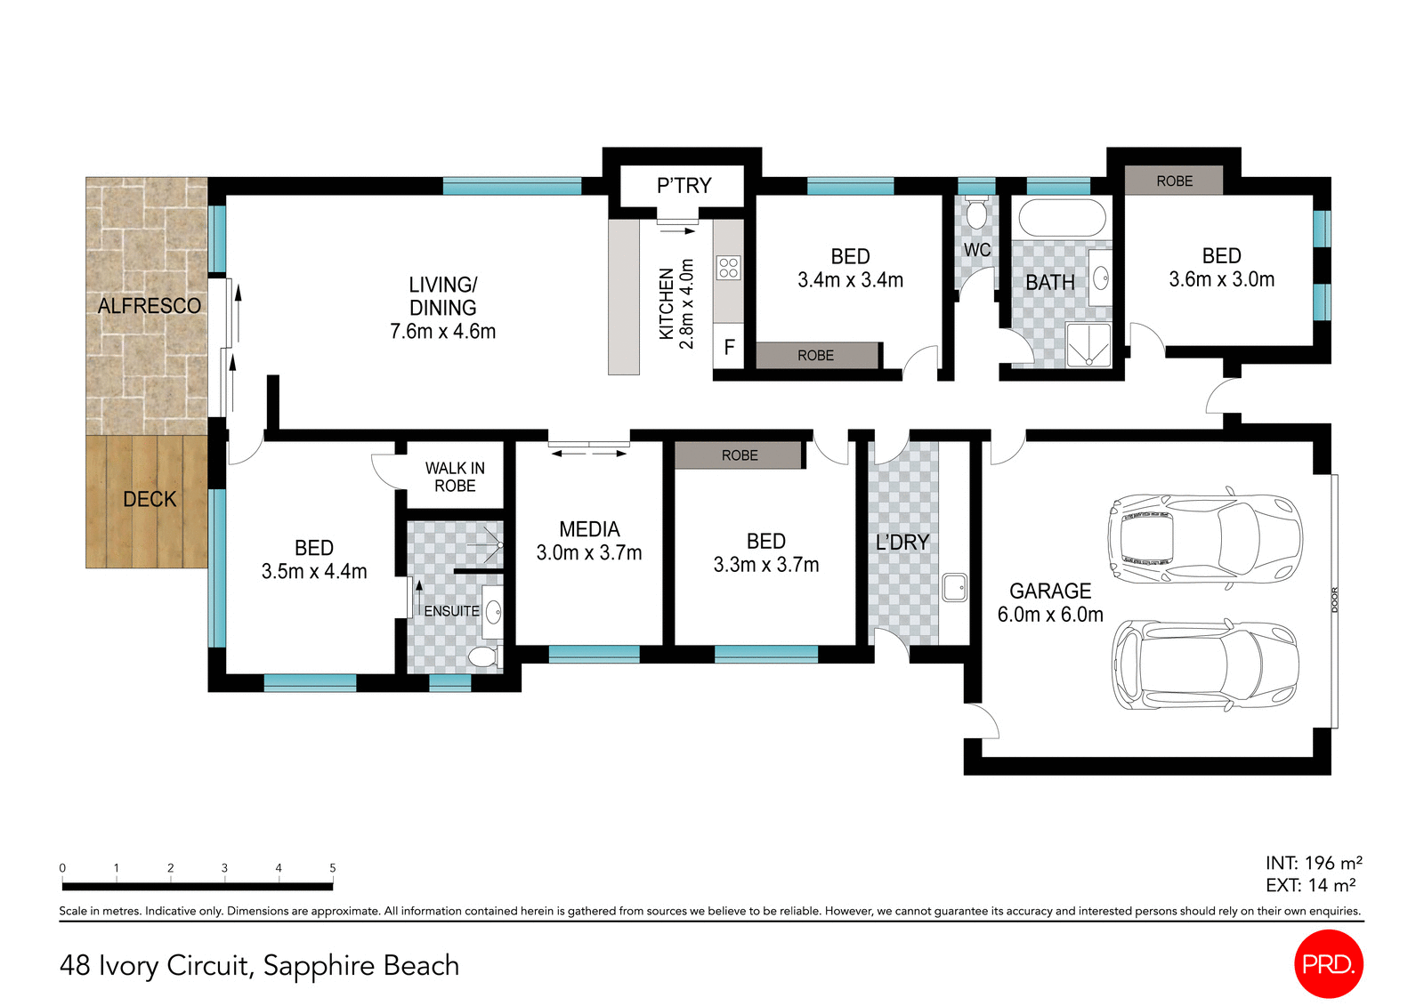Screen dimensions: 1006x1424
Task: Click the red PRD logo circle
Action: pos(1327,963)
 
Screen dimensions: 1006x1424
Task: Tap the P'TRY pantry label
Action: pos(684,185)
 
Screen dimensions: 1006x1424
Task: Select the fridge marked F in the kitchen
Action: pos(728,347)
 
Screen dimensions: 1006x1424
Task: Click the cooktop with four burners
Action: pos(728,267)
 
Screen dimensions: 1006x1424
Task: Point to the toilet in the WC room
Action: pos(976,214)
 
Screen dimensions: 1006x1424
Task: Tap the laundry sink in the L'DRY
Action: pos(954,587)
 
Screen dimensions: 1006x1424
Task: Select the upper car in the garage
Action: pos(1204,538)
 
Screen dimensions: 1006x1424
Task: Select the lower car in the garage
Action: pos(1206,665)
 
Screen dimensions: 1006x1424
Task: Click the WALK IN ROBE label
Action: pos(455,477)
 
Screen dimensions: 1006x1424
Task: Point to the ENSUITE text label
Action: pos(451,611)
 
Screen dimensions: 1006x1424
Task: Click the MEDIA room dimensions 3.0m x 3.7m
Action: pos(589,552)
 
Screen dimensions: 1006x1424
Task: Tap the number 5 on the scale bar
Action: pos(333,867)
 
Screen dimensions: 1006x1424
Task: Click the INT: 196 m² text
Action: pos(1313,863)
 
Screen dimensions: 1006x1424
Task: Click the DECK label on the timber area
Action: pos(150,499)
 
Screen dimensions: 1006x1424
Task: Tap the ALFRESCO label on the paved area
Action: pos(150,306)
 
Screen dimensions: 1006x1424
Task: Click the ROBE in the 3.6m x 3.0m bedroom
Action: pos(1174,181)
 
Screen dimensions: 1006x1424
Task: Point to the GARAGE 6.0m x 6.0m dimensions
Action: pos(1050,615)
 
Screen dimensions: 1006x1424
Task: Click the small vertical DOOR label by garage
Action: pos(1334,600)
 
